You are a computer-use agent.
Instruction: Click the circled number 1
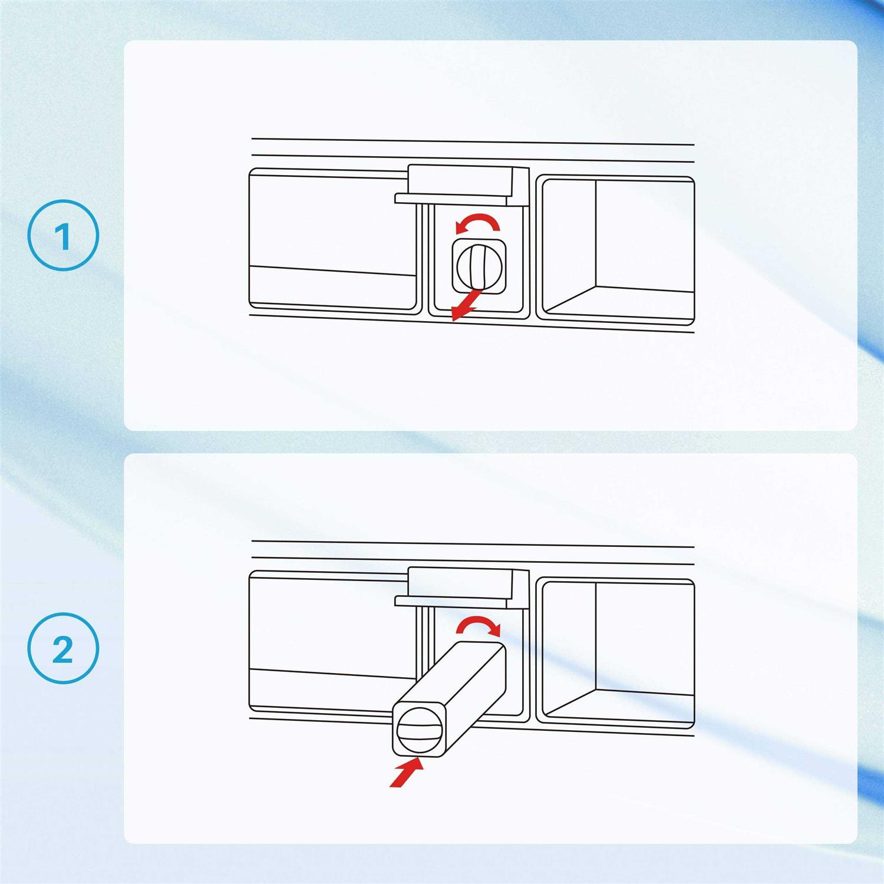coord(63,236)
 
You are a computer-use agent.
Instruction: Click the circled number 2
coord(63,648)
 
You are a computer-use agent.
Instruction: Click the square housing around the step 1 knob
coord(478,266)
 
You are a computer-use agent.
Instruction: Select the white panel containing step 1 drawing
coord(490,235)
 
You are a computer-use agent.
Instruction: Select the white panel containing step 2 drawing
coord(490,648)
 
